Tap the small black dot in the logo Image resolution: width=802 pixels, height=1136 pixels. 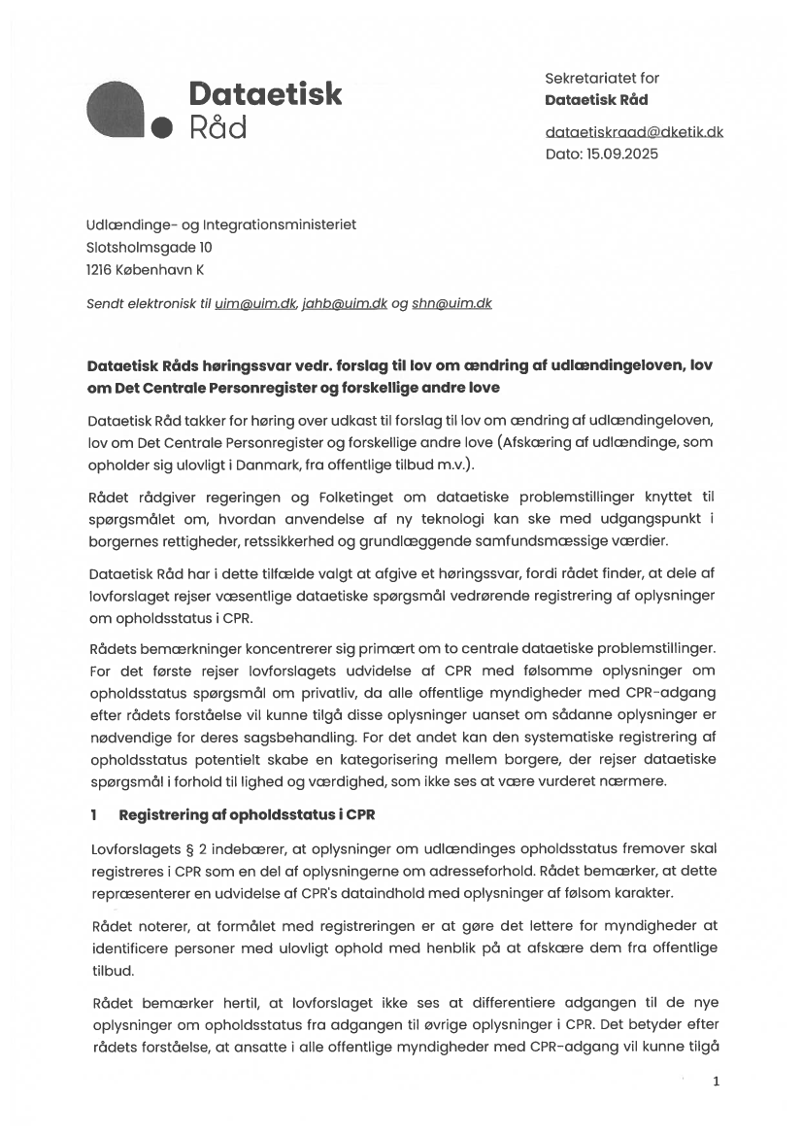pos(162,127)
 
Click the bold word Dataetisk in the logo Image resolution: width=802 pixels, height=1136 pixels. pos(265,93)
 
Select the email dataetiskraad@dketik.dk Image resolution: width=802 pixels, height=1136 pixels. pos(634,131)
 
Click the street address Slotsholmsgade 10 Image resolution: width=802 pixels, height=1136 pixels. pos(150,248)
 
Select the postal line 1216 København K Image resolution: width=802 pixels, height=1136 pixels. pos(146,270)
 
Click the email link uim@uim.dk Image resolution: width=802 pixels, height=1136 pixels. pos(254,303)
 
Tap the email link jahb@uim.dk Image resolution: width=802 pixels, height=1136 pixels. pos(345,303)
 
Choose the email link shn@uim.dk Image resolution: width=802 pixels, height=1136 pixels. pos(451,303)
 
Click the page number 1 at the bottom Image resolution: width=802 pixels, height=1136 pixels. pos(716,1081)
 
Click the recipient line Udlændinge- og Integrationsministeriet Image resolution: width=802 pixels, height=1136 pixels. pos(221,224)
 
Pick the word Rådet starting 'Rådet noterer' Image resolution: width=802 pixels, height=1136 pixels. pos(110,924)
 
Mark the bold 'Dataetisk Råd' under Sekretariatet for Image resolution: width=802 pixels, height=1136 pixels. pos(596,100)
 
